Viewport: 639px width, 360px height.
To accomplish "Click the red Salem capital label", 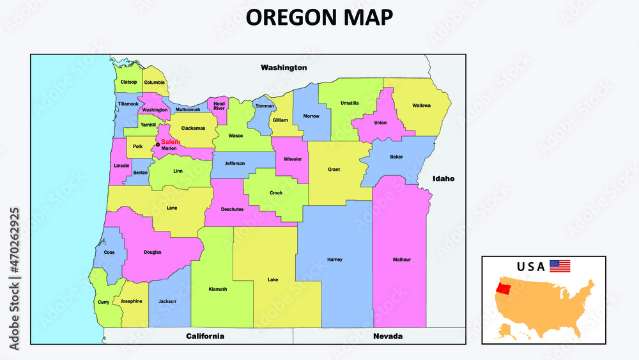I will (171, 142).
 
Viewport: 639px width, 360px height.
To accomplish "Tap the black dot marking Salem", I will (158, 145).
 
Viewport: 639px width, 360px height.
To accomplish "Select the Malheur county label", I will (401, 260).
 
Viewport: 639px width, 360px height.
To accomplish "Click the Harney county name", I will (335, 260).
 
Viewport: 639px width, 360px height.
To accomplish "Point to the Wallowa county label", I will (421, 106).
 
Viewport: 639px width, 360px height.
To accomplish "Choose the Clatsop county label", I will (128, 82).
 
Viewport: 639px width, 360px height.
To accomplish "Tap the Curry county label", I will (104, 302).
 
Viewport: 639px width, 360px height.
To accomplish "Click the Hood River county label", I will (219, 106).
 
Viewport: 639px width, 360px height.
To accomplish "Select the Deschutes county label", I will (232, 209).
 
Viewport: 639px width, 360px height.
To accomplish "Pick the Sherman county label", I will (265, 106).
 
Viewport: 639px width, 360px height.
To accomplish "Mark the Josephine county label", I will (131, 301).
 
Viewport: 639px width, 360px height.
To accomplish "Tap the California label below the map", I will (204, 336).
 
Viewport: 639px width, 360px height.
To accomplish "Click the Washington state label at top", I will (284, 67).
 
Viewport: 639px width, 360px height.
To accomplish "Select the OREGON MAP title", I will (319, 18).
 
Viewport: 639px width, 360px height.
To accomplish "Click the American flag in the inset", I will (560, 266).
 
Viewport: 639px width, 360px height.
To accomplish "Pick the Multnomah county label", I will (188, 110).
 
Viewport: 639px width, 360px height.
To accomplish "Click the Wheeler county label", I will (293, 159).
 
